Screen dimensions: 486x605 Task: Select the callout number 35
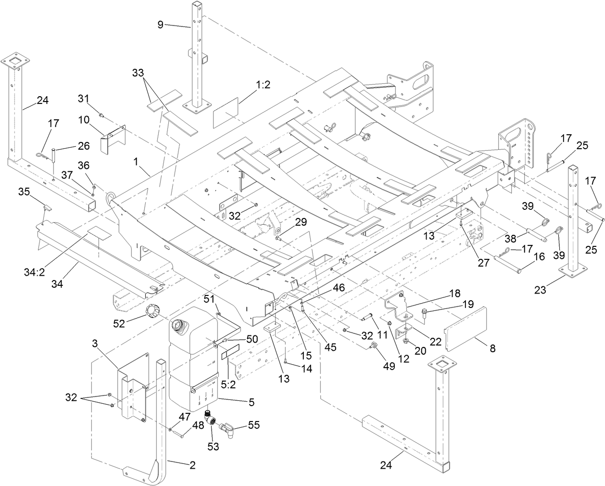[x=24, y=192]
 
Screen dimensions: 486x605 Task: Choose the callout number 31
[x=84, y=99]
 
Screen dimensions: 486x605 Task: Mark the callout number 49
[x=389, y=367]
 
